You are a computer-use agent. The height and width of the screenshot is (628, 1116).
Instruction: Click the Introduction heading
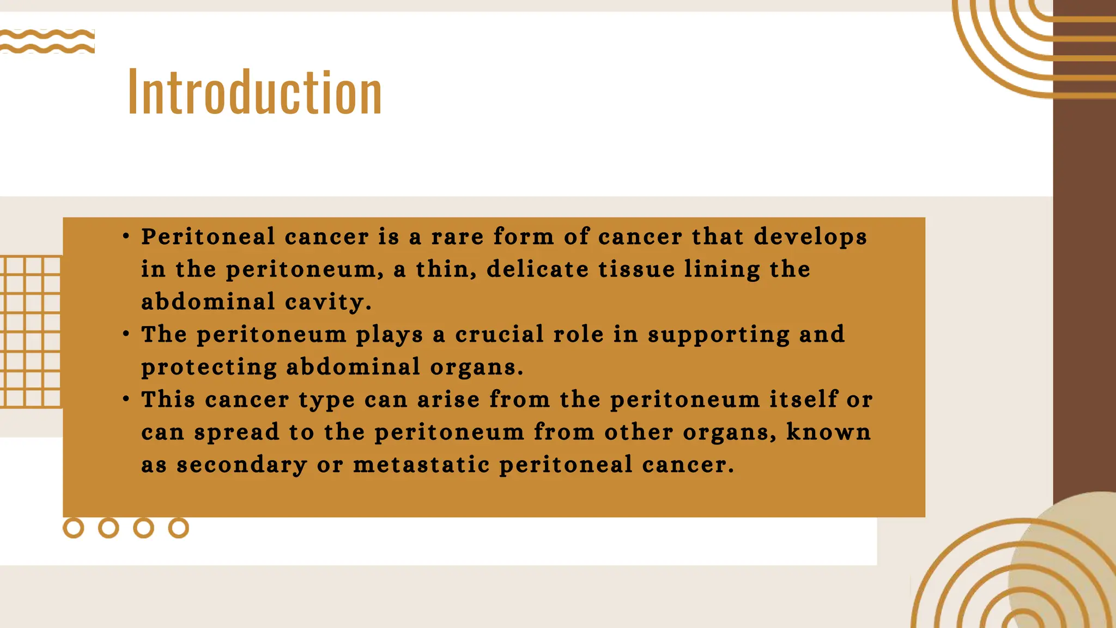click(x=254, y=93)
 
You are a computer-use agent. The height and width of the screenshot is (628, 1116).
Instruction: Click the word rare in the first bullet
click(x=457, y=237)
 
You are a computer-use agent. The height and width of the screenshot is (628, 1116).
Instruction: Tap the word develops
click(x=810, y=237)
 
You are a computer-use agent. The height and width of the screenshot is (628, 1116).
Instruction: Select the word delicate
click(x=538, y=269)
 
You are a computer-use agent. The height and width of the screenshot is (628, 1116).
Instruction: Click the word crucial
click(x=499, y=335)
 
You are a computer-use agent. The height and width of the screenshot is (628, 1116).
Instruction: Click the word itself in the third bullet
click(x=803, y=400)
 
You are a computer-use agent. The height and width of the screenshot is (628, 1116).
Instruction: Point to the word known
click(x=828, y=432)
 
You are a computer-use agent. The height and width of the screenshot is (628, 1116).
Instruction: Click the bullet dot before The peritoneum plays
click(x=126, y=334)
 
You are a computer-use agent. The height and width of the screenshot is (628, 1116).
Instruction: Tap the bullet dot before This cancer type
click(x=126, y=399)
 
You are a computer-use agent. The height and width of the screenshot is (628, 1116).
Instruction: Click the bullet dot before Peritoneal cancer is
click(x=126, y=236)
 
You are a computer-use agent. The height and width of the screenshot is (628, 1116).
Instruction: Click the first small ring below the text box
click(x=74, y=528)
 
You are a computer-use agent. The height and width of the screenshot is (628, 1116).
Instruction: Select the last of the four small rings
click(x=178, y=528)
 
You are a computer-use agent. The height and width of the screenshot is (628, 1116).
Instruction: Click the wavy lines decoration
click(x=47, y=41)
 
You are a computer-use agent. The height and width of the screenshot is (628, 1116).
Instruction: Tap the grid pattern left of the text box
click(x=31, y=332)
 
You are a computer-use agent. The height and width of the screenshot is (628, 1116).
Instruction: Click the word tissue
click(x=636, y=269)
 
